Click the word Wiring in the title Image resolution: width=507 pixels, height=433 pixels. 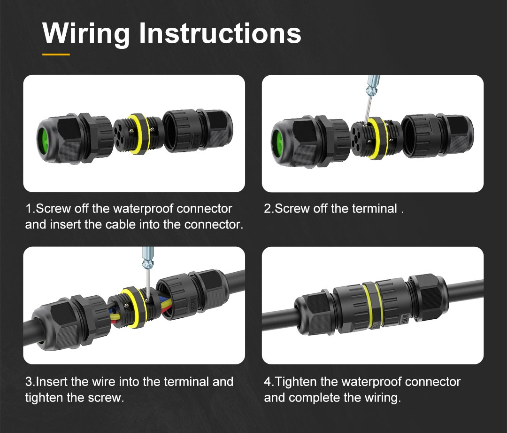(86, 34)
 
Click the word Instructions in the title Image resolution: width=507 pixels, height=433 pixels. (220, 33)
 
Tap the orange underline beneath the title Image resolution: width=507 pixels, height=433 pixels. (56, 55)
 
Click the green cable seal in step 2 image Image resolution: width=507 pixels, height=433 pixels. (277, 142)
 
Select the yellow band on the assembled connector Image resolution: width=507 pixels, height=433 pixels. (372, 305)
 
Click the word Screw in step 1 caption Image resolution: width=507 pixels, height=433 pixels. (53, 209)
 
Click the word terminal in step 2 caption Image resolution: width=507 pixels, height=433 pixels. (375, 209)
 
